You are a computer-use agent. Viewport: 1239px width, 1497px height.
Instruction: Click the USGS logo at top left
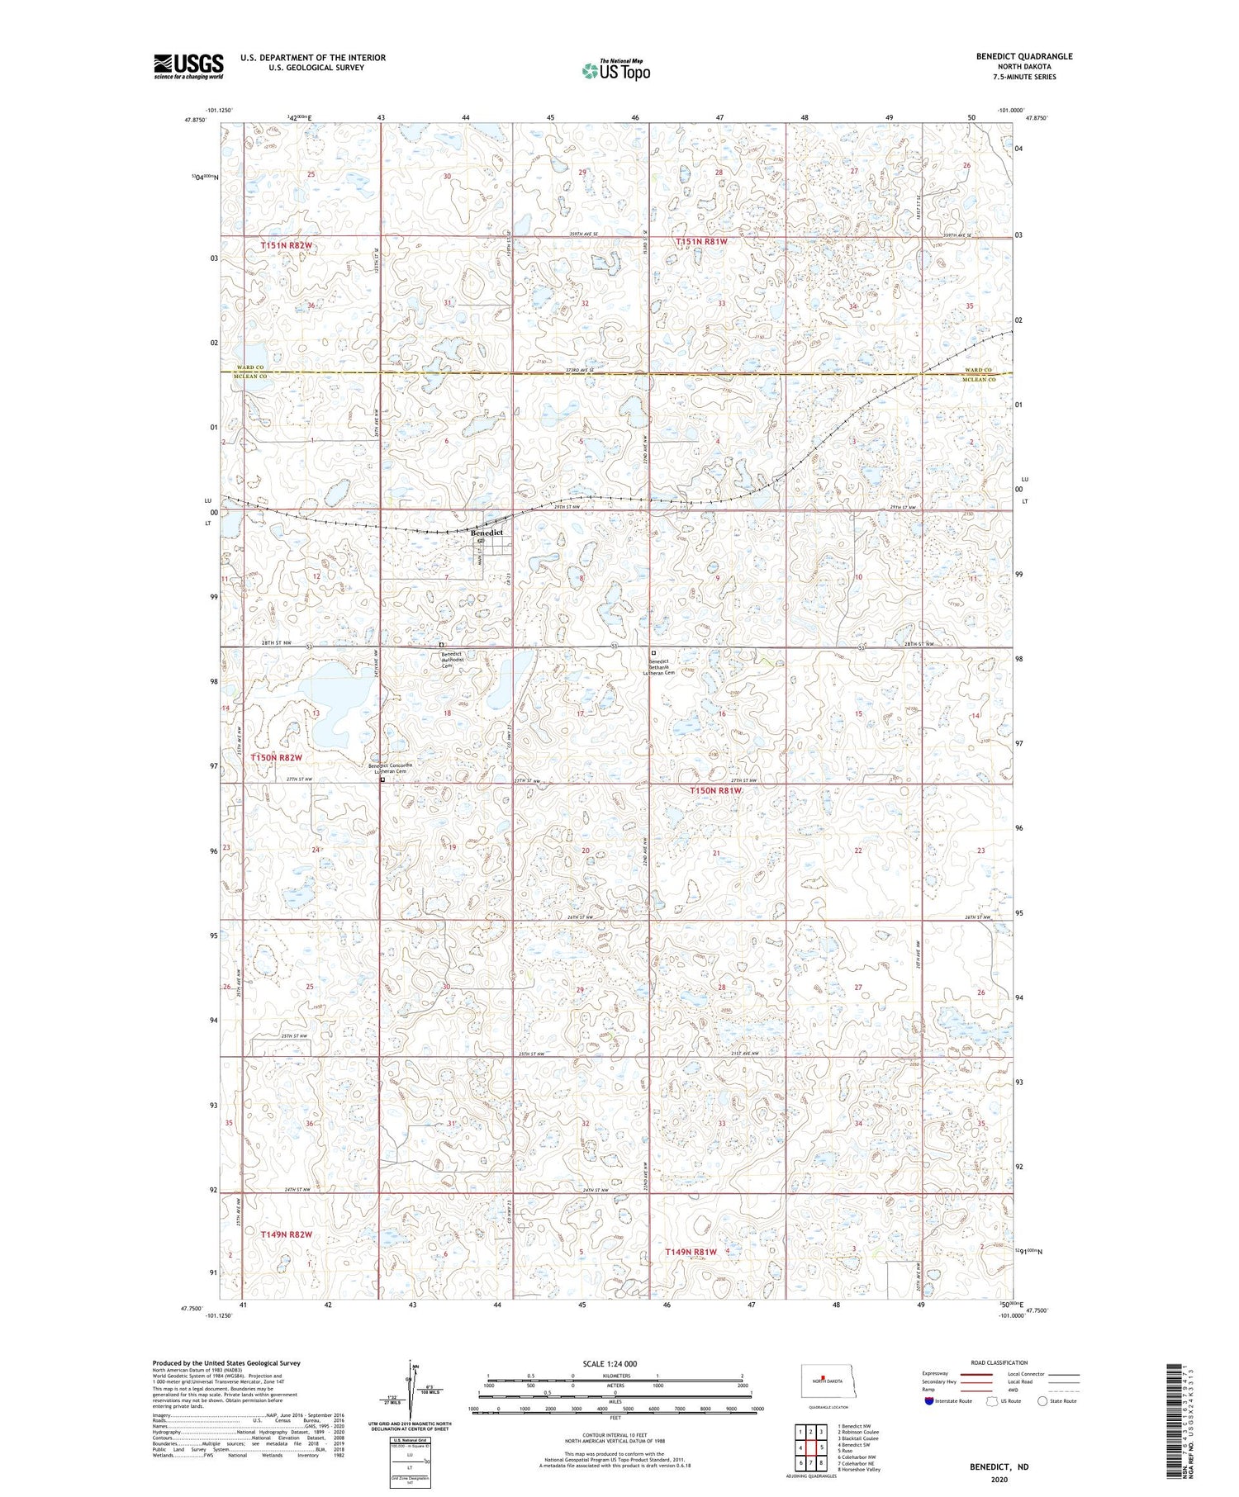188,66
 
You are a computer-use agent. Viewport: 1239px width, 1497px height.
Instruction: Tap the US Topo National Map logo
615,70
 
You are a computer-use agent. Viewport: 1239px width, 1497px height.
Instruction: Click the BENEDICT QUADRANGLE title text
1023,56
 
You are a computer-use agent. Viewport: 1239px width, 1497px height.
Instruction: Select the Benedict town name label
487,533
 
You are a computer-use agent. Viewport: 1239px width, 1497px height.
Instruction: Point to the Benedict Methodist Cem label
453,660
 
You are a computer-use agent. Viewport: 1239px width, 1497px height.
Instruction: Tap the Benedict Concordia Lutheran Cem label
390,768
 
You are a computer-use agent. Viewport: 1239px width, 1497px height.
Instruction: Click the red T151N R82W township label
287,245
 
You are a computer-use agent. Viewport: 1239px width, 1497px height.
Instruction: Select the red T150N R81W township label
716,790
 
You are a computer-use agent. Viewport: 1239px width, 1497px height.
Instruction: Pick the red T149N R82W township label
286,1234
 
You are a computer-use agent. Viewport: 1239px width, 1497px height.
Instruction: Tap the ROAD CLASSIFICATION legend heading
999,1362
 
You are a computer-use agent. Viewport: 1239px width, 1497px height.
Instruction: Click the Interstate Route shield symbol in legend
929,1401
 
